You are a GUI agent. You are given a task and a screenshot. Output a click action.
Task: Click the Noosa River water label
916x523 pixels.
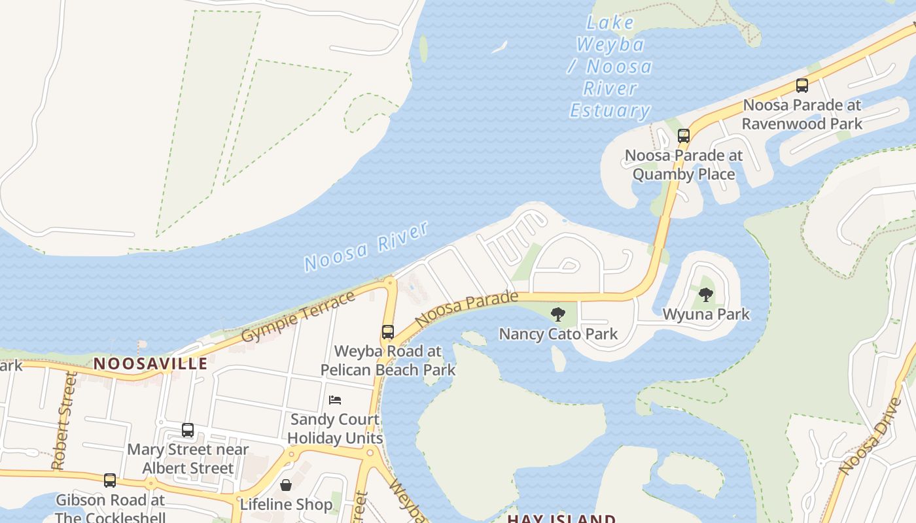pos(366,246)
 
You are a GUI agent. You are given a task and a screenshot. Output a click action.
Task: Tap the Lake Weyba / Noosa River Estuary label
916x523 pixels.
pos(610,67)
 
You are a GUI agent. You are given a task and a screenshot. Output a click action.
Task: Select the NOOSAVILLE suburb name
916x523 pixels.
pos(150,363)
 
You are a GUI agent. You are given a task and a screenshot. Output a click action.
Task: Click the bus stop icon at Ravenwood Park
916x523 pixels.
pos(801,86)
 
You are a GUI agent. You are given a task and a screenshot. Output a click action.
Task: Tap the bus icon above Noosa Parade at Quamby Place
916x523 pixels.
pos(684,136)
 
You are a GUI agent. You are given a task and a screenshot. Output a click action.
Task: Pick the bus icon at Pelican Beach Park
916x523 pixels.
pos(388,332)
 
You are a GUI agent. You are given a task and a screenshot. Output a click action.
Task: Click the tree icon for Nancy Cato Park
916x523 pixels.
pos(558,314)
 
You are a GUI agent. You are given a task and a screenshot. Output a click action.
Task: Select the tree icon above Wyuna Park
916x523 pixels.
pos(705,295)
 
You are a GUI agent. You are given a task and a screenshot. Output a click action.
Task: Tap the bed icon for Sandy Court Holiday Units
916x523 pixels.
pos(335,400)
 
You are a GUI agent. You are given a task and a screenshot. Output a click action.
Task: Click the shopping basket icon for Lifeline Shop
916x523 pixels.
pos(286,485)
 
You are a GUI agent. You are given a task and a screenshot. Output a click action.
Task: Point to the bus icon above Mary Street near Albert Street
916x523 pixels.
pos(188,430)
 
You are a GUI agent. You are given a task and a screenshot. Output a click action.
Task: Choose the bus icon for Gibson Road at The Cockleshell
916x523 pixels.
pos(110,481)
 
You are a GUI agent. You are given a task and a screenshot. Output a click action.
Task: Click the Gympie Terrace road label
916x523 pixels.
pos(298,316)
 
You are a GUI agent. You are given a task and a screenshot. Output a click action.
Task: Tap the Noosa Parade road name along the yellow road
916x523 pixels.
pos(466,309)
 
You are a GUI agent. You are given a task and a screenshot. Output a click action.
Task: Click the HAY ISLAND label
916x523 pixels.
pos(561,518)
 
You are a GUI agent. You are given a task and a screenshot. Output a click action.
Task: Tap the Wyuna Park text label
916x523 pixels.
pos(706,314)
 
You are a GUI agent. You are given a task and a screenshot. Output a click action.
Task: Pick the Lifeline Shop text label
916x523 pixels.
pos(286,505)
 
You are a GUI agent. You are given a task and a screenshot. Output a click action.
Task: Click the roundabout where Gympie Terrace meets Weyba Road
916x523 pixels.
pos(391,283)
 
